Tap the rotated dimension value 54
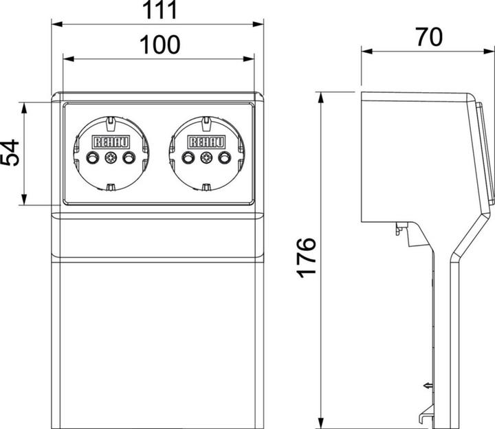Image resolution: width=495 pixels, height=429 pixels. pos(10,153)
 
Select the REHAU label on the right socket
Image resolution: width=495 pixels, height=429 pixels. pos(205,142)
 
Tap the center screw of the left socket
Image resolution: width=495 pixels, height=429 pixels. pos(110,159)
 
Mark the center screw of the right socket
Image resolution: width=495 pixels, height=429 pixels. pos(205,159)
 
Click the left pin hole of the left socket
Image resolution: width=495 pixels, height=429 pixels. pos(92,159)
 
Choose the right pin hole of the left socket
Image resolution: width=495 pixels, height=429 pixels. pos(128,159)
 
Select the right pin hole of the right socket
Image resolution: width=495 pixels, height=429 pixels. pos(223,159)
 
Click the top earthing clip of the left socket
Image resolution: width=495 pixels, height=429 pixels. pos(110,124)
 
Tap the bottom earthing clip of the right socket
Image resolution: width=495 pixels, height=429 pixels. pos(205,186)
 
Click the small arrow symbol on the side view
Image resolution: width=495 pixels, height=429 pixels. pos(428,386)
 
